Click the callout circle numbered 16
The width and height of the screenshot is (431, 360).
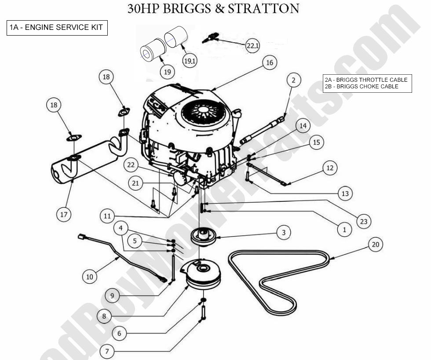pyautogui.click(x=269, y=63)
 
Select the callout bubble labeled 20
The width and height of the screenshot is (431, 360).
pyautogui.click(x=375, y=245)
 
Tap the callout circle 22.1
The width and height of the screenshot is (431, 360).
pyautogui.click(x=252, y=45)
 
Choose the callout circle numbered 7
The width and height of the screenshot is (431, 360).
pyautogui.click(x=106, y=351)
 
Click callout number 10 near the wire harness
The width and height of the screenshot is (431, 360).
pyautogui.click(x=90, y=276)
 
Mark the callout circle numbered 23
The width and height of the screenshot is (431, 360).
pyautogui.click(x=363, y=221)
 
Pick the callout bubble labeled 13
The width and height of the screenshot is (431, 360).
pyautogui.click(x=345, y=193)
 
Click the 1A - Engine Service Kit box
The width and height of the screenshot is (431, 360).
pyautogui.click(x=57, y=28)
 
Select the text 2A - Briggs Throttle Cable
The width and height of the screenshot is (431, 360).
pyautogui.click(x=366, y=80)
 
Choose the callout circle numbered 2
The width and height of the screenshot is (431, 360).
pyautogui.click(x=294, y=80)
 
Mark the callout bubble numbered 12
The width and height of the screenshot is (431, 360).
pyautogui.click(x=330, y=167)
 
